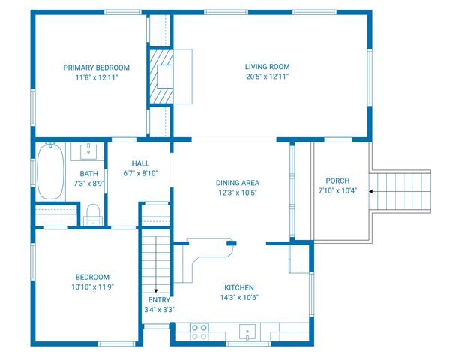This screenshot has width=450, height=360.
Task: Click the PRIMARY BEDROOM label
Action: (96, 67)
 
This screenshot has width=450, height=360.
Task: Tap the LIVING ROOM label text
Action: (267, 66)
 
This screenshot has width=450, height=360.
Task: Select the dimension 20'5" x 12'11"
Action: (267, 76)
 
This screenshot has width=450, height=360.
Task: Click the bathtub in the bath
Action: (51, 172)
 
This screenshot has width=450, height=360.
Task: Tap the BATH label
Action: (88, 173)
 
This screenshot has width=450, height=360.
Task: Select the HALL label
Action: (140, 163)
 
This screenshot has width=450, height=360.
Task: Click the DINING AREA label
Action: (237, 182)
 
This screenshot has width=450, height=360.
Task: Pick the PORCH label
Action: (337, 181)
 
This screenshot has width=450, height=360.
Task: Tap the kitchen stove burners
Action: (199, 331)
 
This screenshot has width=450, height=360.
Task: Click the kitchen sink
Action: (247, 331)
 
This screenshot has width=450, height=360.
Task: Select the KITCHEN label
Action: (239, 287)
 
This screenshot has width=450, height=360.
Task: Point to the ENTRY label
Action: (159, 299)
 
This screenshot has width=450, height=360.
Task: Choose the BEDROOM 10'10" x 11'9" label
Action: (92, 276)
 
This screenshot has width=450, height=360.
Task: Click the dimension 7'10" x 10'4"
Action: (337, 190)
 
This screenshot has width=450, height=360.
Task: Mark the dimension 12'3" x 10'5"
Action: (237, 193)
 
